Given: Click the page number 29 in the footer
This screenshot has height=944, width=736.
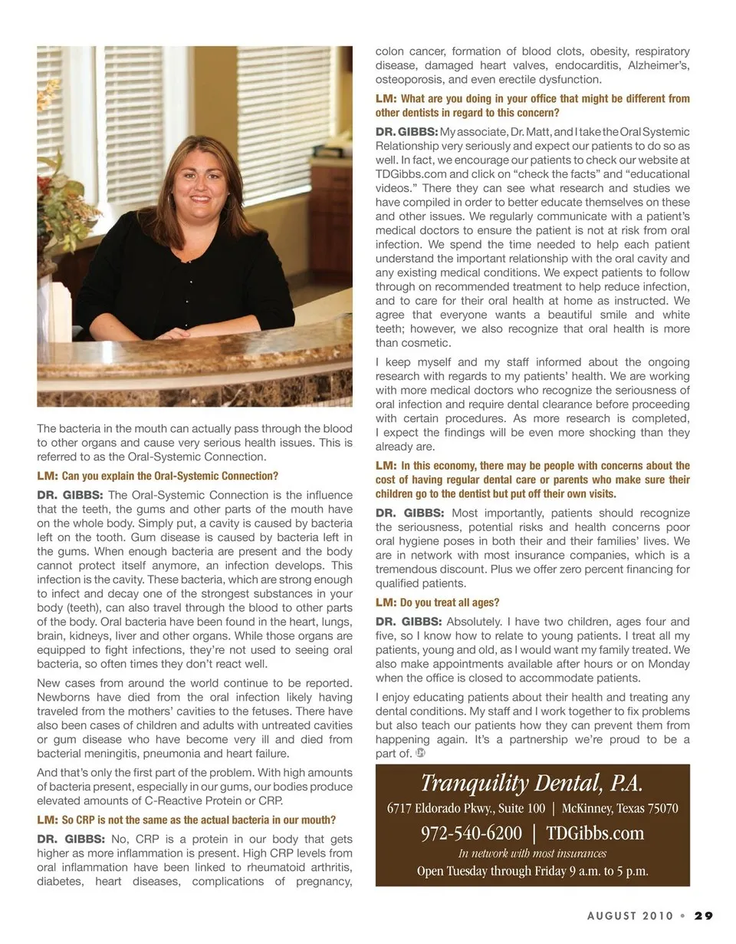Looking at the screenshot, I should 704,916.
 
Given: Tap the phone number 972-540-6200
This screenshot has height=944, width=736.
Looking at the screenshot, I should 472,833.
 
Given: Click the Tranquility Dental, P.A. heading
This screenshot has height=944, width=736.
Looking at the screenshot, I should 531,784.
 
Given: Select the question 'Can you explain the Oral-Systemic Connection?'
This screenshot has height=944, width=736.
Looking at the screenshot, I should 169,476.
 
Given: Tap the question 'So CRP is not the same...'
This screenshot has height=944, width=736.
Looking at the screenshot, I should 198,820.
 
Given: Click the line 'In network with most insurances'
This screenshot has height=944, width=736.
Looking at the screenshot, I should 532,853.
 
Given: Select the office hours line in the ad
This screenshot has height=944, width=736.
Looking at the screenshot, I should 532,871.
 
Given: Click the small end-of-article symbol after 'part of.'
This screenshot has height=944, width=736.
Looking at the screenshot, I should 421,754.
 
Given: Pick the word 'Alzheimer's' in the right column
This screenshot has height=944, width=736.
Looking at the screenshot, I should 659,65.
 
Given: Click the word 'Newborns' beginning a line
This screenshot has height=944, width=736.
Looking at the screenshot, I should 64,698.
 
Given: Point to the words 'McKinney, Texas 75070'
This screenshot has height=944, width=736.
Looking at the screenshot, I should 619,808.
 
